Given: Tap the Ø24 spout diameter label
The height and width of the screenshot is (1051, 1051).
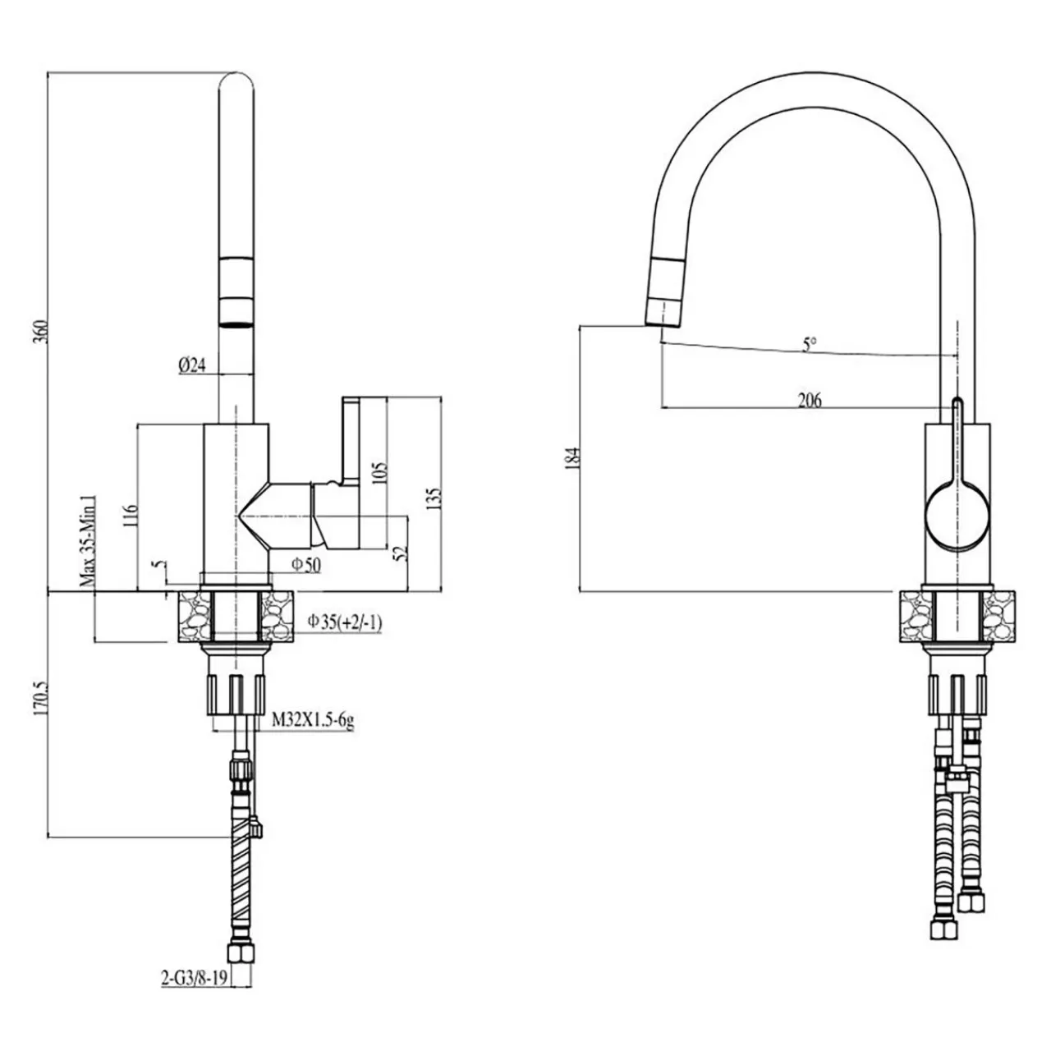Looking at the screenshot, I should click(x=191, y=365).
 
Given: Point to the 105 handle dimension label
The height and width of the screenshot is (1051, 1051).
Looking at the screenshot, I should click(x=379, y=475).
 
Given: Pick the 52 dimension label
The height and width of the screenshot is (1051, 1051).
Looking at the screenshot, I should click(x=401, y=553).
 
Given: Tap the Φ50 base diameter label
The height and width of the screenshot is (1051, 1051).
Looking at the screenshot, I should click(x=305, y=564).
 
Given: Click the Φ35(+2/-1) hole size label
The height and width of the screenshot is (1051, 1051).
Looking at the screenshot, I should click(x=345, y=622).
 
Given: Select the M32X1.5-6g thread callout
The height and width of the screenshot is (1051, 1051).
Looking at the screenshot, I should click(x=313, y=722).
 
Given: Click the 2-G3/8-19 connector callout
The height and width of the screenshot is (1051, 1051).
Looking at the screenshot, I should click(x=193, y=977).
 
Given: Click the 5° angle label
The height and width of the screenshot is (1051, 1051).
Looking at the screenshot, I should click(x=810, y=345).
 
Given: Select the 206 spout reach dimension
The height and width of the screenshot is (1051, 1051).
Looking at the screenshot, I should click(x=810, y=401).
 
